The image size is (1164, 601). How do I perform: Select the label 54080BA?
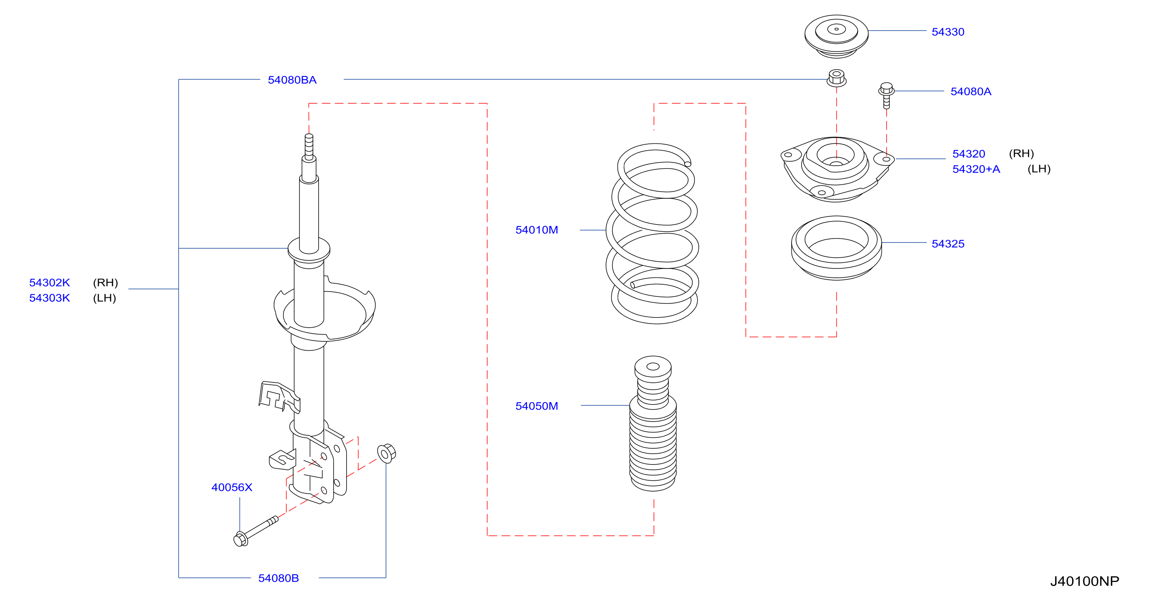tap(292, 80)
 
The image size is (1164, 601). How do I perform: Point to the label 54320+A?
tap(976, 169)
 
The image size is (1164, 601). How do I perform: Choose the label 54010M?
tap(536, 230)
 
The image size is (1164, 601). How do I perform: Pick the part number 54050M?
tap(536, 406)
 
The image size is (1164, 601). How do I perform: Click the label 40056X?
tap(232, 488)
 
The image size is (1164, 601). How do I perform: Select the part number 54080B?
tap(279, 578)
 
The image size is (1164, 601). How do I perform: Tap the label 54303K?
tap(49, 298)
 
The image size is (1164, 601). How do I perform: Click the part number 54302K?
tap(49, 283)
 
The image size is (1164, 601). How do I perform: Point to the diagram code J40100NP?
tap(1085, 581)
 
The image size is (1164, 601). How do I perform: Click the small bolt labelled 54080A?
tap(886, 95)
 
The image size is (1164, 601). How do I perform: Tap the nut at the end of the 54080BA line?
tap(836, 78)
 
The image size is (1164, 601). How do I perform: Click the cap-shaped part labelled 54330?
tap(836, 36)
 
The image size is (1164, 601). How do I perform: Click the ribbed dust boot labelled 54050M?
tap(653, 423)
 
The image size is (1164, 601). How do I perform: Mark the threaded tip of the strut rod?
tap(309, 147)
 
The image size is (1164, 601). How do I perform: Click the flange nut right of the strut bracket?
tap(386, 453)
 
